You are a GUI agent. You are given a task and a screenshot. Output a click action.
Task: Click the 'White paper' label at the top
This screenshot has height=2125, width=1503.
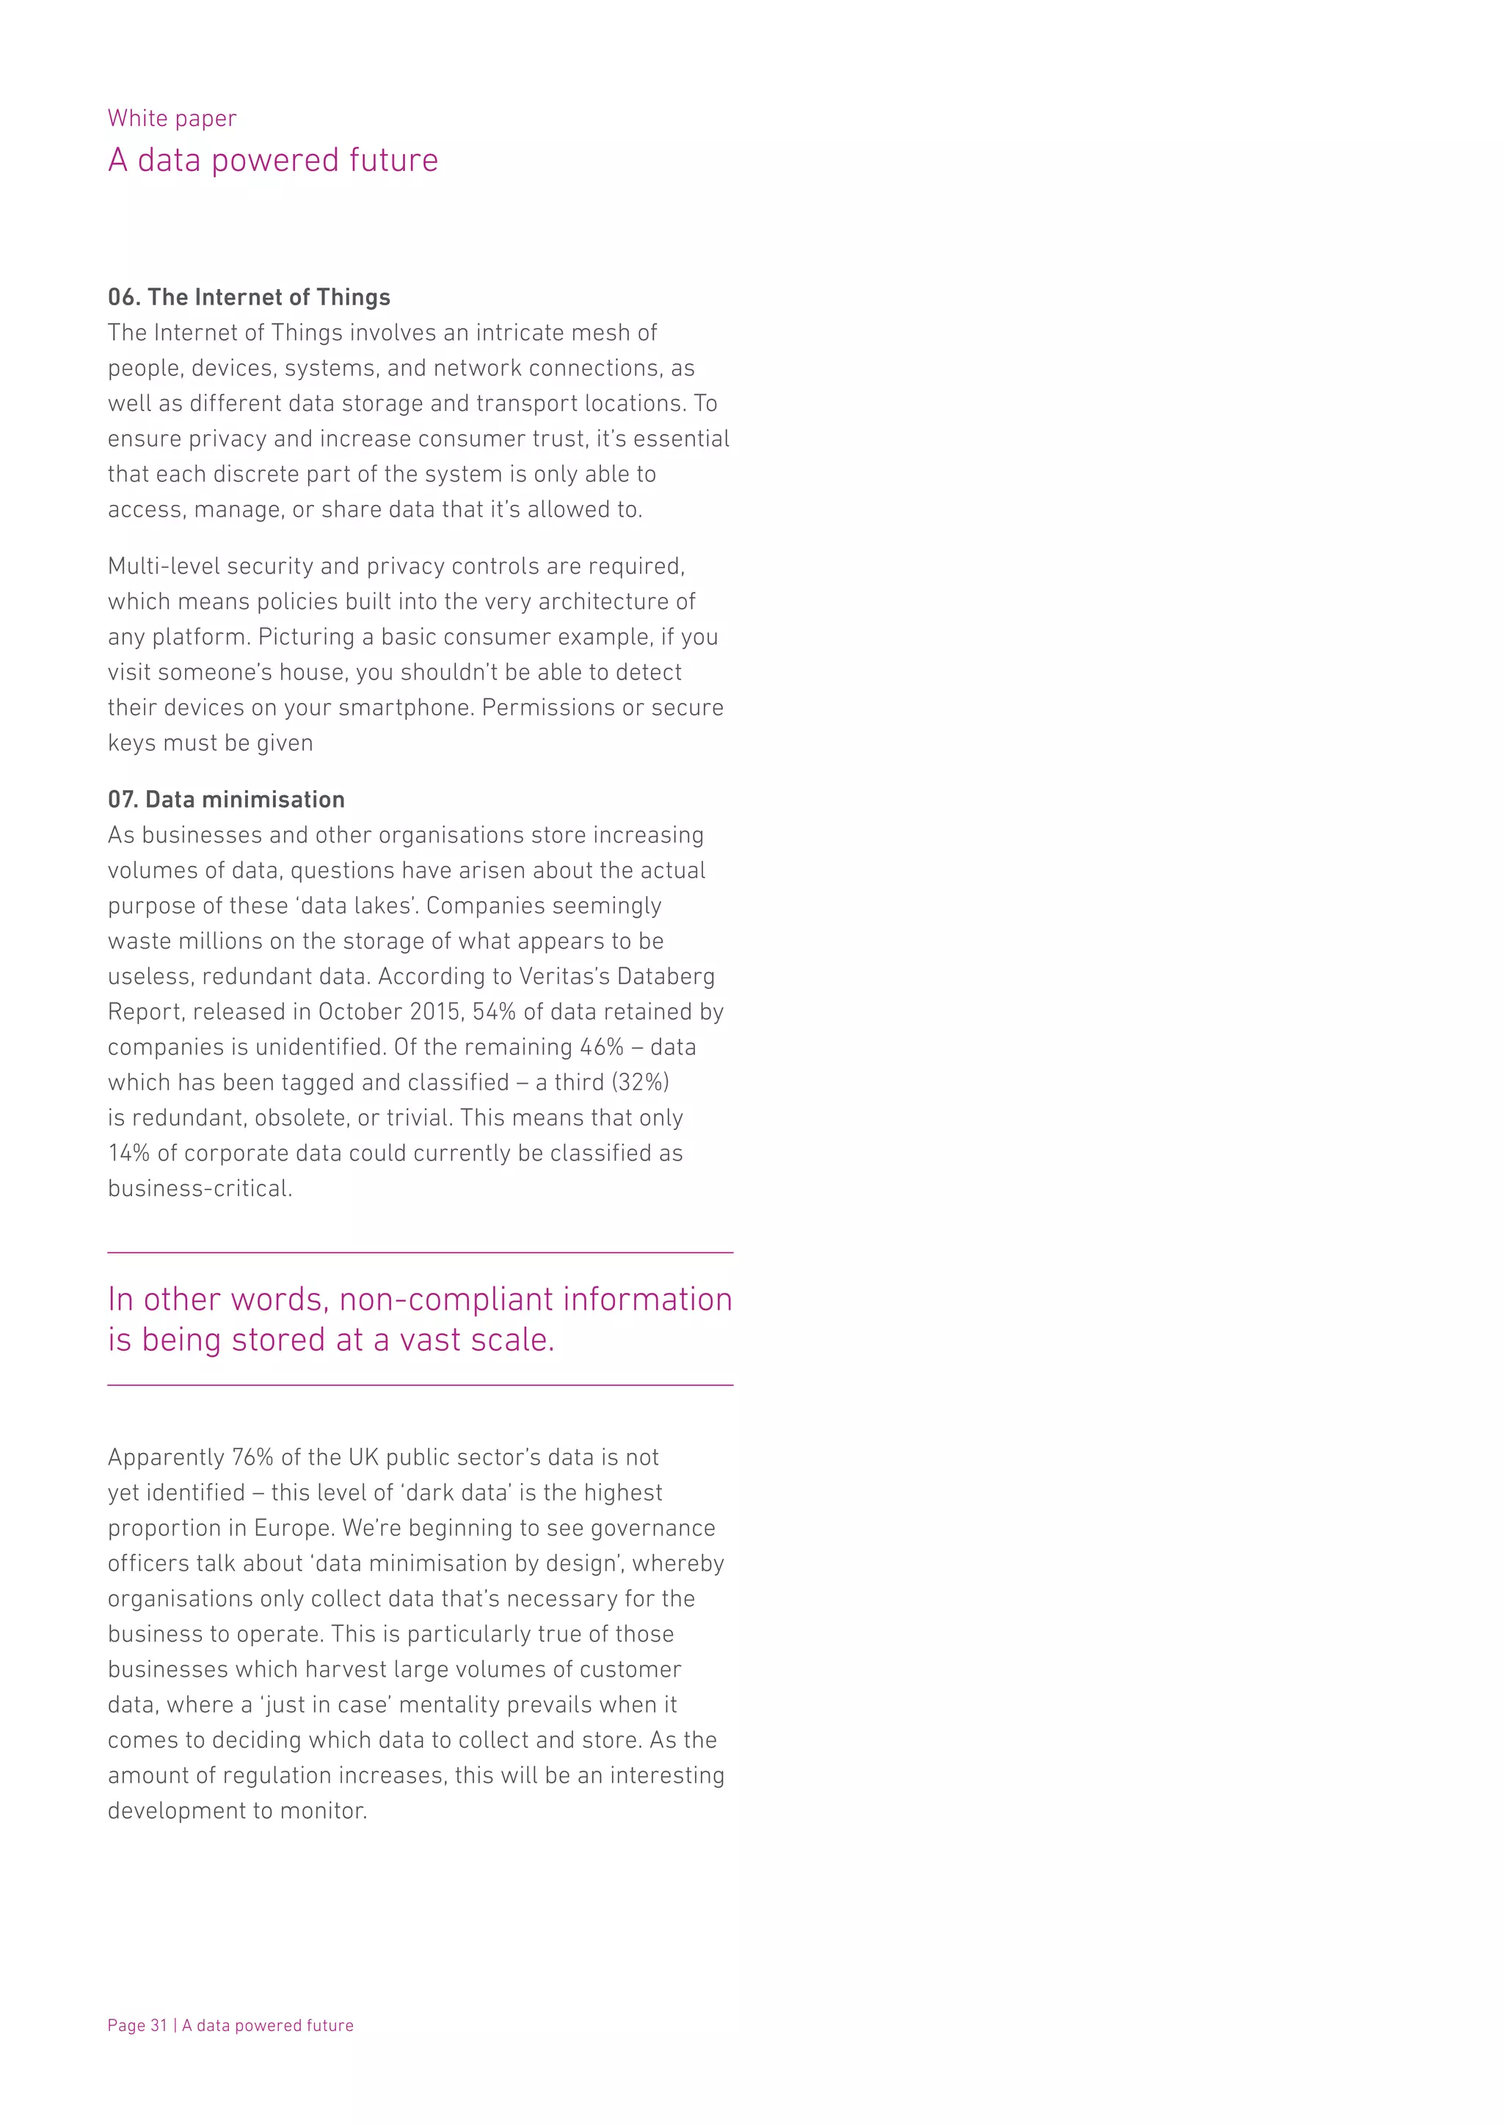click(x=171, y=118)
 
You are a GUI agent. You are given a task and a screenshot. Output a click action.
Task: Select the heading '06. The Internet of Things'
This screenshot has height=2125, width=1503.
click(x=248, y=297)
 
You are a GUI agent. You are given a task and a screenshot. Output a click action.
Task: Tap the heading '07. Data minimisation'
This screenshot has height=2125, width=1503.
click(x=226, y=800)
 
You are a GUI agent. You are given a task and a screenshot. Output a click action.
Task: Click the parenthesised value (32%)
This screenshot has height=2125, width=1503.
click(x=639, y=1082)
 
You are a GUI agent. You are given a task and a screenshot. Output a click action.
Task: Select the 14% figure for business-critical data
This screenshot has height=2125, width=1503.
click(x=130, y=1153)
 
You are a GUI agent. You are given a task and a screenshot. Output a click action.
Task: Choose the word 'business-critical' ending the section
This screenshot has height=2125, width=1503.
click(x=199, y=1189)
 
